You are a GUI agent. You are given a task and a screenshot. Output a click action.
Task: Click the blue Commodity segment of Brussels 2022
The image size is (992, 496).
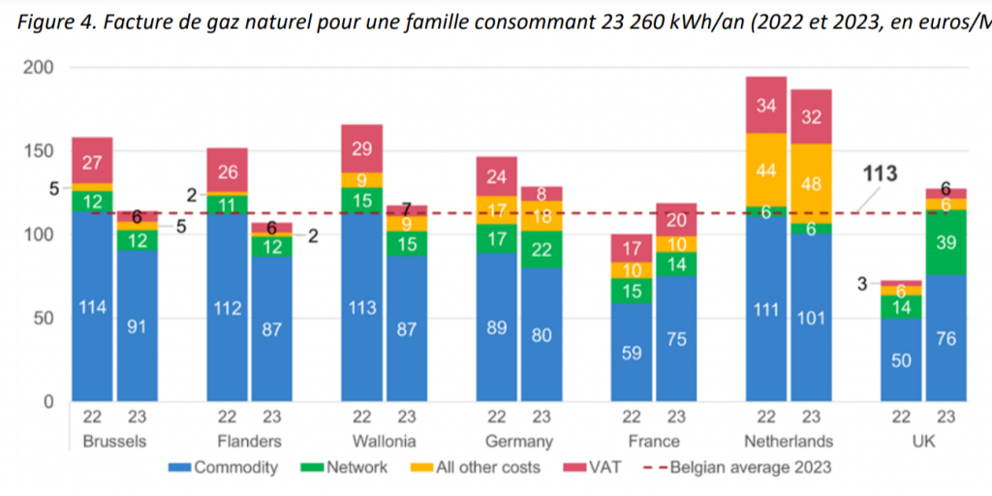click(x=92, y=306)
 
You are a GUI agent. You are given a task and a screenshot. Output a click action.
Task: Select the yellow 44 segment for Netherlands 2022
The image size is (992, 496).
click(x=766, y=170)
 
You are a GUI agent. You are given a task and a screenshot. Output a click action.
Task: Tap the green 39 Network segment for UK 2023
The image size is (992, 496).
click(x=946, y=242)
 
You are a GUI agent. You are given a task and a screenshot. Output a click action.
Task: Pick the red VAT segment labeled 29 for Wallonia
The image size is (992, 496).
click(x=361, y=148)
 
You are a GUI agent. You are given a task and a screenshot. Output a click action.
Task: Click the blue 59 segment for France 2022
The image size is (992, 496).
click(x=632, y=353)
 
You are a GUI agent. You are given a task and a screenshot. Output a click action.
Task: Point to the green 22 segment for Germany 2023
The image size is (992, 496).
click(x=542, y=250)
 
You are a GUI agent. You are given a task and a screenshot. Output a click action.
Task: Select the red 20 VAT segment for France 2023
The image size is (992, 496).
click(x=676, y=220)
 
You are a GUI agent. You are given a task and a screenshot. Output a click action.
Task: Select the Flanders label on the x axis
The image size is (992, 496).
click(x=249, y=442)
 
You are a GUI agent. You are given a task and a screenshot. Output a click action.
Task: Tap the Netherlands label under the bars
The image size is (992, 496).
click(x=789, y=442)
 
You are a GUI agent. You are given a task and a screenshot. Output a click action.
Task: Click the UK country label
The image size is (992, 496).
click(x=924, y=442)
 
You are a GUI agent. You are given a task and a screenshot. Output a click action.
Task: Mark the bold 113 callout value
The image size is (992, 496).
click(x=880, y=174)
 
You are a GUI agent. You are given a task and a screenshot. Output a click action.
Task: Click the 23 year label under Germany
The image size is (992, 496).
click(x=542, y=418)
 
